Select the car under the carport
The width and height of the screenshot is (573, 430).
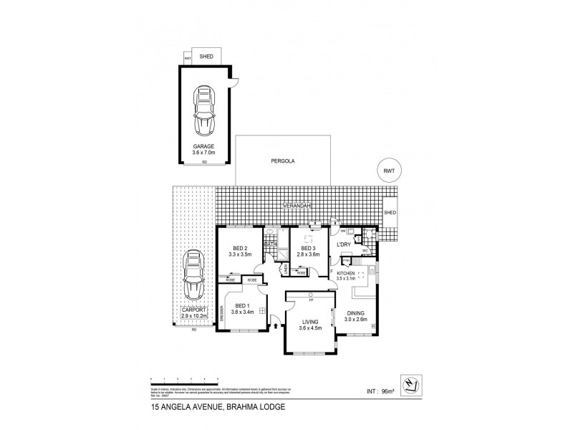coord(191,277)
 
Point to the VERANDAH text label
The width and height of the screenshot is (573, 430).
coord(294,206)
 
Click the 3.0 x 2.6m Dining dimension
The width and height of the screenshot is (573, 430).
coord(356,320)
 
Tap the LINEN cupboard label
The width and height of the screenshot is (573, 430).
coord(285,269)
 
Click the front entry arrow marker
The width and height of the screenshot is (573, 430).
coord(276,327)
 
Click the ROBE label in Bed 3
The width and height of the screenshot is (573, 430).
coord(301,273)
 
